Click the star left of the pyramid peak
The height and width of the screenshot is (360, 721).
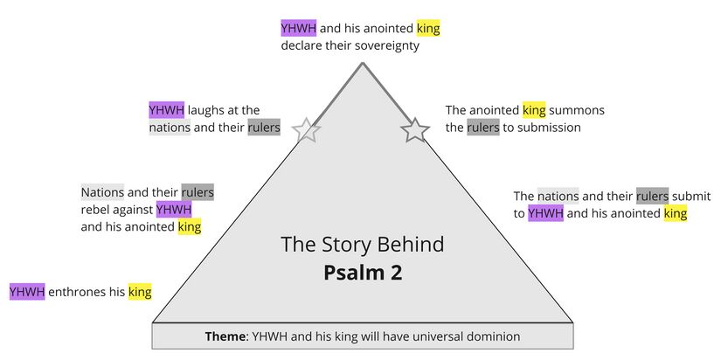tap(306, 130)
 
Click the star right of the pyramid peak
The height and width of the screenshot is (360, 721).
tap(415, 130)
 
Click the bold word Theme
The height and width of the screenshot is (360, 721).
tap(225, 336)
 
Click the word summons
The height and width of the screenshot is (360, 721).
tap(578, 110)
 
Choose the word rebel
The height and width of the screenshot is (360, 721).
tap(100, 210)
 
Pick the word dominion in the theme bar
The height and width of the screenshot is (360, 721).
tap(493, 336)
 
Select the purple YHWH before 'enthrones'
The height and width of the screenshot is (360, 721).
tap(27, 292)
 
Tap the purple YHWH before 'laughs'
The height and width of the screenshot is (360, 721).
tap(166, 110)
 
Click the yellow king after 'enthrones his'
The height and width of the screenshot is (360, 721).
tap(140, 292)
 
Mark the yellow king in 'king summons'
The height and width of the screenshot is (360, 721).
tap(534, 110)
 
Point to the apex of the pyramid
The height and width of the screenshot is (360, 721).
tap(361, 64)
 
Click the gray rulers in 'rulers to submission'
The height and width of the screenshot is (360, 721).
tap(482, 128)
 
